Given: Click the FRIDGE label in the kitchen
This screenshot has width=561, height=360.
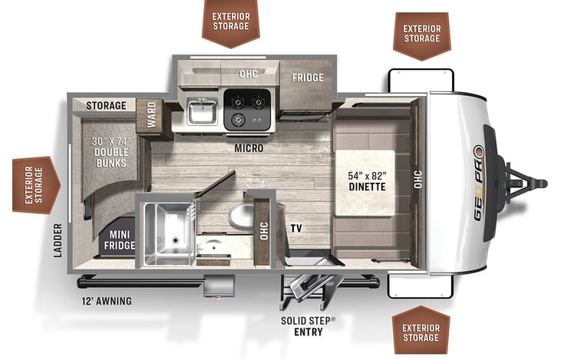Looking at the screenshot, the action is coord(307,78).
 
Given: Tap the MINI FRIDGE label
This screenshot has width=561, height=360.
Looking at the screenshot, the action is coord(119,239).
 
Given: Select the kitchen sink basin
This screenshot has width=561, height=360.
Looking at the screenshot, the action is coord(203,111).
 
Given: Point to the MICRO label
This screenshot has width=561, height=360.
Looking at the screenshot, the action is coord(249,148).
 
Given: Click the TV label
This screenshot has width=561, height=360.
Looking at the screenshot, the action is coord(296,228).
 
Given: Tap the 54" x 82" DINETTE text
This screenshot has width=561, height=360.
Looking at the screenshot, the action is coord(367,181).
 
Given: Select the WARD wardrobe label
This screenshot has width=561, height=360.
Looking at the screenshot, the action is coord(151,114).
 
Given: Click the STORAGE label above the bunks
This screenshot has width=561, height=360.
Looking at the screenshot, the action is coord(106,106).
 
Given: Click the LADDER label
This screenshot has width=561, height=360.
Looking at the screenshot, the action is coord(58,240).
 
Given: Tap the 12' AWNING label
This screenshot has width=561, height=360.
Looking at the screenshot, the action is coord(106,301).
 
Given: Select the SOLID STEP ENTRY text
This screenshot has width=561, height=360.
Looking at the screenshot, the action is coord(308,326).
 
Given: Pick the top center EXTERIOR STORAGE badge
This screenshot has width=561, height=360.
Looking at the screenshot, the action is coord(231,23).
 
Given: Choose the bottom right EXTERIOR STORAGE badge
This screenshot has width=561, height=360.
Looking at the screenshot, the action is coord(421,332).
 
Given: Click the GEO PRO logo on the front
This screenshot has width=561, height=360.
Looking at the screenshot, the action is coord(478,183).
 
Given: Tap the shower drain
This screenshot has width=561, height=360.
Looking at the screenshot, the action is coord(175,240).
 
